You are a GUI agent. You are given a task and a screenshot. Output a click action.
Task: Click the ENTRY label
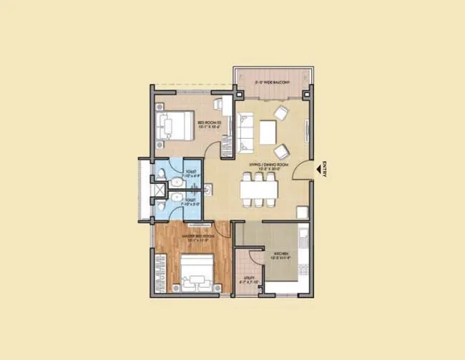point(324,170)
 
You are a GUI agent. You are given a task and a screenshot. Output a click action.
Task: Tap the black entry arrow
point(317,170)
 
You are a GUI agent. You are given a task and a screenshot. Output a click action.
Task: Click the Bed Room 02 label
point(208,125)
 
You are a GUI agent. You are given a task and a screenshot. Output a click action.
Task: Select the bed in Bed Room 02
point(176,127)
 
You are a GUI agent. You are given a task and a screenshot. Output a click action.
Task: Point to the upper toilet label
point(190,173)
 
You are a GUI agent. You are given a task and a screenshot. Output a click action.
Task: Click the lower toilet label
point(190,203)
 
